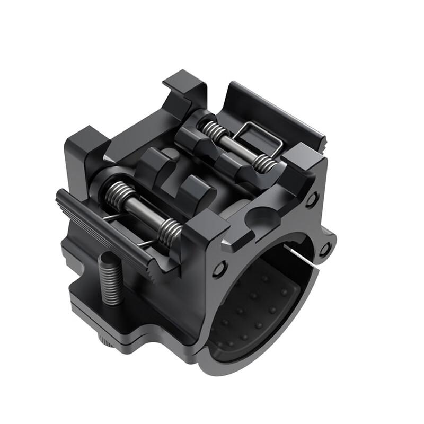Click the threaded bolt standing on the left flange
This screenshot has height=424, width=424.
tap(112, 278)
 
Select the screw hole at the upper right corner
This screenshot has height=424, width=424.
tap(312, 200)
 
